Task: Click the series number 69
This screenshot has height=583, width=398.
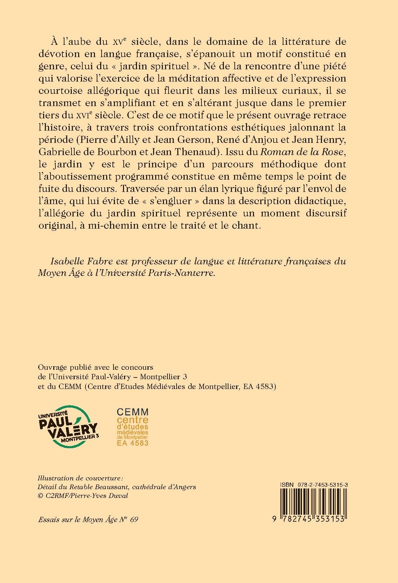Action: click(134, 519)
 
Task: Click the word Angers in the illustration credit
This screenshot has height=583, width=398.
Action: click(184, 487)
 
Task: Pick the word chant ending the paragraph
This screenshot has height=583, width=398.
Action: click(249, 225)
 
